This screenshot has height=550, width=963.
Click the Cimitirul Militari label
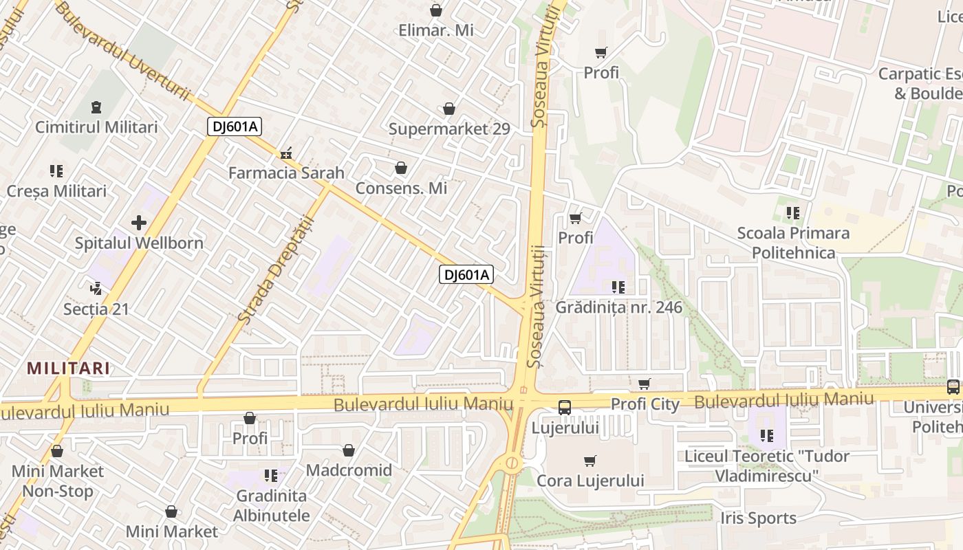coord(96,127)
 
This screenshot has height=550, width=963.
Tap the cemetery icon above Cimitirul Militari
coord(96,107)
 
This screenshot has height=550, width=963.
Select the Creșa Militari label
coord(56,190)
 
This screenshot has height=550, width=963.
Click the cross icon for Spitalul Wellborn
coord(139,222)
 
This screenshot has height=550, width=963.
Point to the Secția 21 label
coord(96,309)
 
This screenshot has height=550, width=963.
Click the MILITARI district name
coord(68,368)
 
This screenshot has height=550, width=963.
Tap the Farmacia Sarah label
coord(286,173)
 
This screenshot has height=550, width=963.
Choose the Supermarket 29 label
coord(449,129)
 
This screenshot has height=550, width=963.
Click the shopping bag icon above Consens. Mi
coord(401,168)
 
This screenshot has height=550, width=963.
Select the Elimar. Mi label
coord(435,30)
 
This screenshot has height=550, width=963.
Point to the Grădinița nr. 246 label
coord(619,307)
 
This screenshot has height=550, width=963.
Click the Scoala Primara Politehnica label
coord(793,243)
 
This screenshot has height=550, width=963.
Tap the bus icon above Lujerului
coord(564,408)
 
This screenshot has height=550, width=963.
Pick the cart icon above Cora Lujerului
coord(589,461)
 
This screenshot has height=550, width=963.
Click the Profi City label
coord(645,404)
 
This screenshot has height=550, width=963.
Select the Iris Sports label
coord(758,518)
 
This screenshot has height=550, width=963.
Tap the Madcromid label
coord(349,470)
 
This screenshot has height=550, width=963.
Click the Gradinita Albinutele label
coord(271,505)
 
